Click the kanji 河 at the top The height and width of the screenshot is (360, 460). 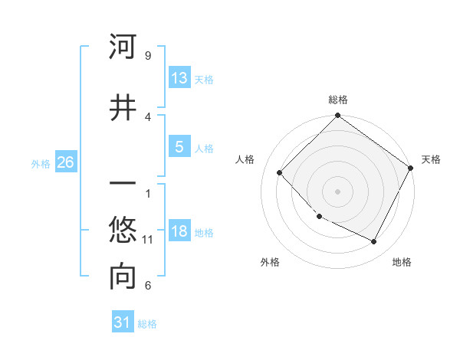coord(123,47)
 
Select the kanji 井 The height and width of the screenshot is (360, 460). coord(123,106)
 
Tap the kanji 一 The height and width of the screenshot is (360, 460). coord(123,185)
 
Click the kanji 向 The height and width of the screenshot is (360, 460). coord(123,278)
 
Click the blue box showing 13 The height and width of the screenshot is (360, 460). coord(179,78)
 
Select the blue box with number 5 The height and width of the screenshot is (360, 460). coord(179,147)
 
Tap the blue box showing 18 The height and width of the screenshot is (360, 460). coord(179,231)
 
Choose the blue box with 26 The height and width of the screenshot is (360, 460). coord(65,162)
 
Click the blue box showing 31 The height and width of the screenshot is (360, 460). coord(123,322)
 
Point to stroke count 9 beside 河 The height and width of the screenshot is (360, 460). coord(147,56)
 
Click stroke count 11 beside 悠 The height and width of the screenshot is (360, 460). coord(148,240)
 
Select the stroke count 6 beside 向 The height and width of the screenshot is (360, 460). coord(147,286)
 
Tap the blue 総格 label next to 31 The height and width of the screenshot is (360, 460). coord(147,324)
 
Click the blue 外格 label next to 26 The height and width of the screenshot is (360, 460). coord(41,163)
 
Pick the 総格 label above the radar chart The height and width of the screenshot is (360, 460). coord(337,100)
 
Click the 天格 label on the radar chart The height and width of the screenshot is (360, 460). coord(431,159)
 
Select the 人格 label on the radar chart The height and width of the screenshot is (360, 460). coord(245,159)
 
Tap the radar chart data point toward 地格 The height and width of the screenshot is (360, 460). coord(374,242)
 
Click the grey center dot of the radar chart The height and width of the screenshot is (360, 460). coord(337,191)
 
